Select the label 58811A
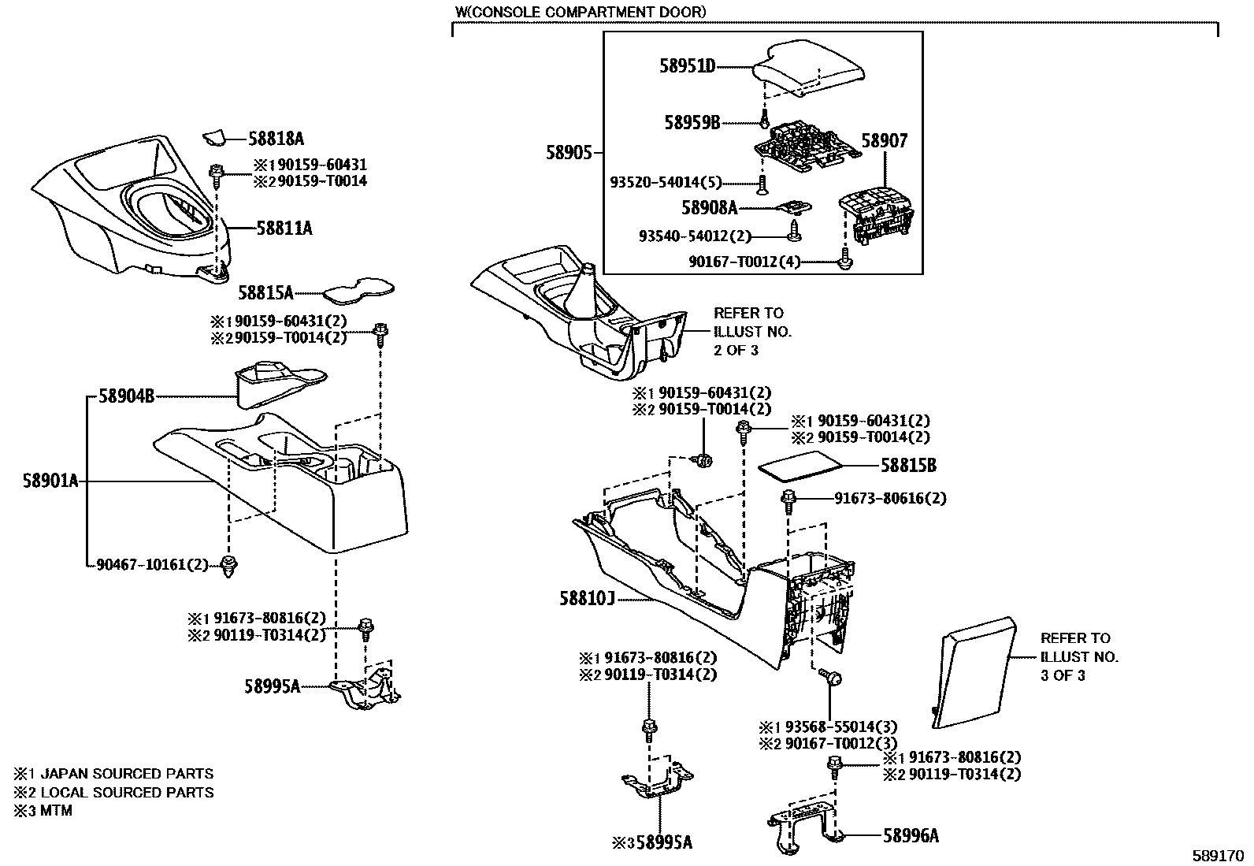pos(284,229)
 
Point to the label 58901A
pos(50,481)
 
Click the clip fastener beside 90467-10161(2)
pos(229,566)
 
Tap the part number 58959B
pos(692,122)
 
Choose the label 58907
pos(884,141)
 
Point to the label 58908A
pos(709,208)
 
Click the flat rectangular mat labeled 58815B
pos(798,466)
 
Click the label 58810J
pos(586,600)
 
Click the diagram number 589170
pos(1215,855)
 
